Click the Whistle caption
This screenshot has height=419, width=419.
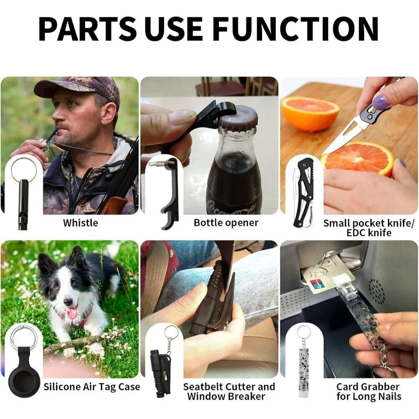pyautogui.click(x=80, y=222)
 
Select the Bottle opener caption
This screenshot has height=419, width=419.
pyautogui.click(x=226, y=222)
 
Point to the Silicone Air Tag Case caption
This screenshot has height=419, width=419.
pyautogui.click(x=92, y=387)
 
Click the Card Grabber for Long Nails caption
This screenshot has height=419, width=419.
pyautogui.click(x=369, y=391)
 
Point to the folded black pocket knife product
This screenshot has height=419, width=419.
pyautogui.click(x=304, y=192)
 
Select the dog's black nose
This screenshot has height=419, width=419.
pyautogui.click(x=68, y=303)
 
